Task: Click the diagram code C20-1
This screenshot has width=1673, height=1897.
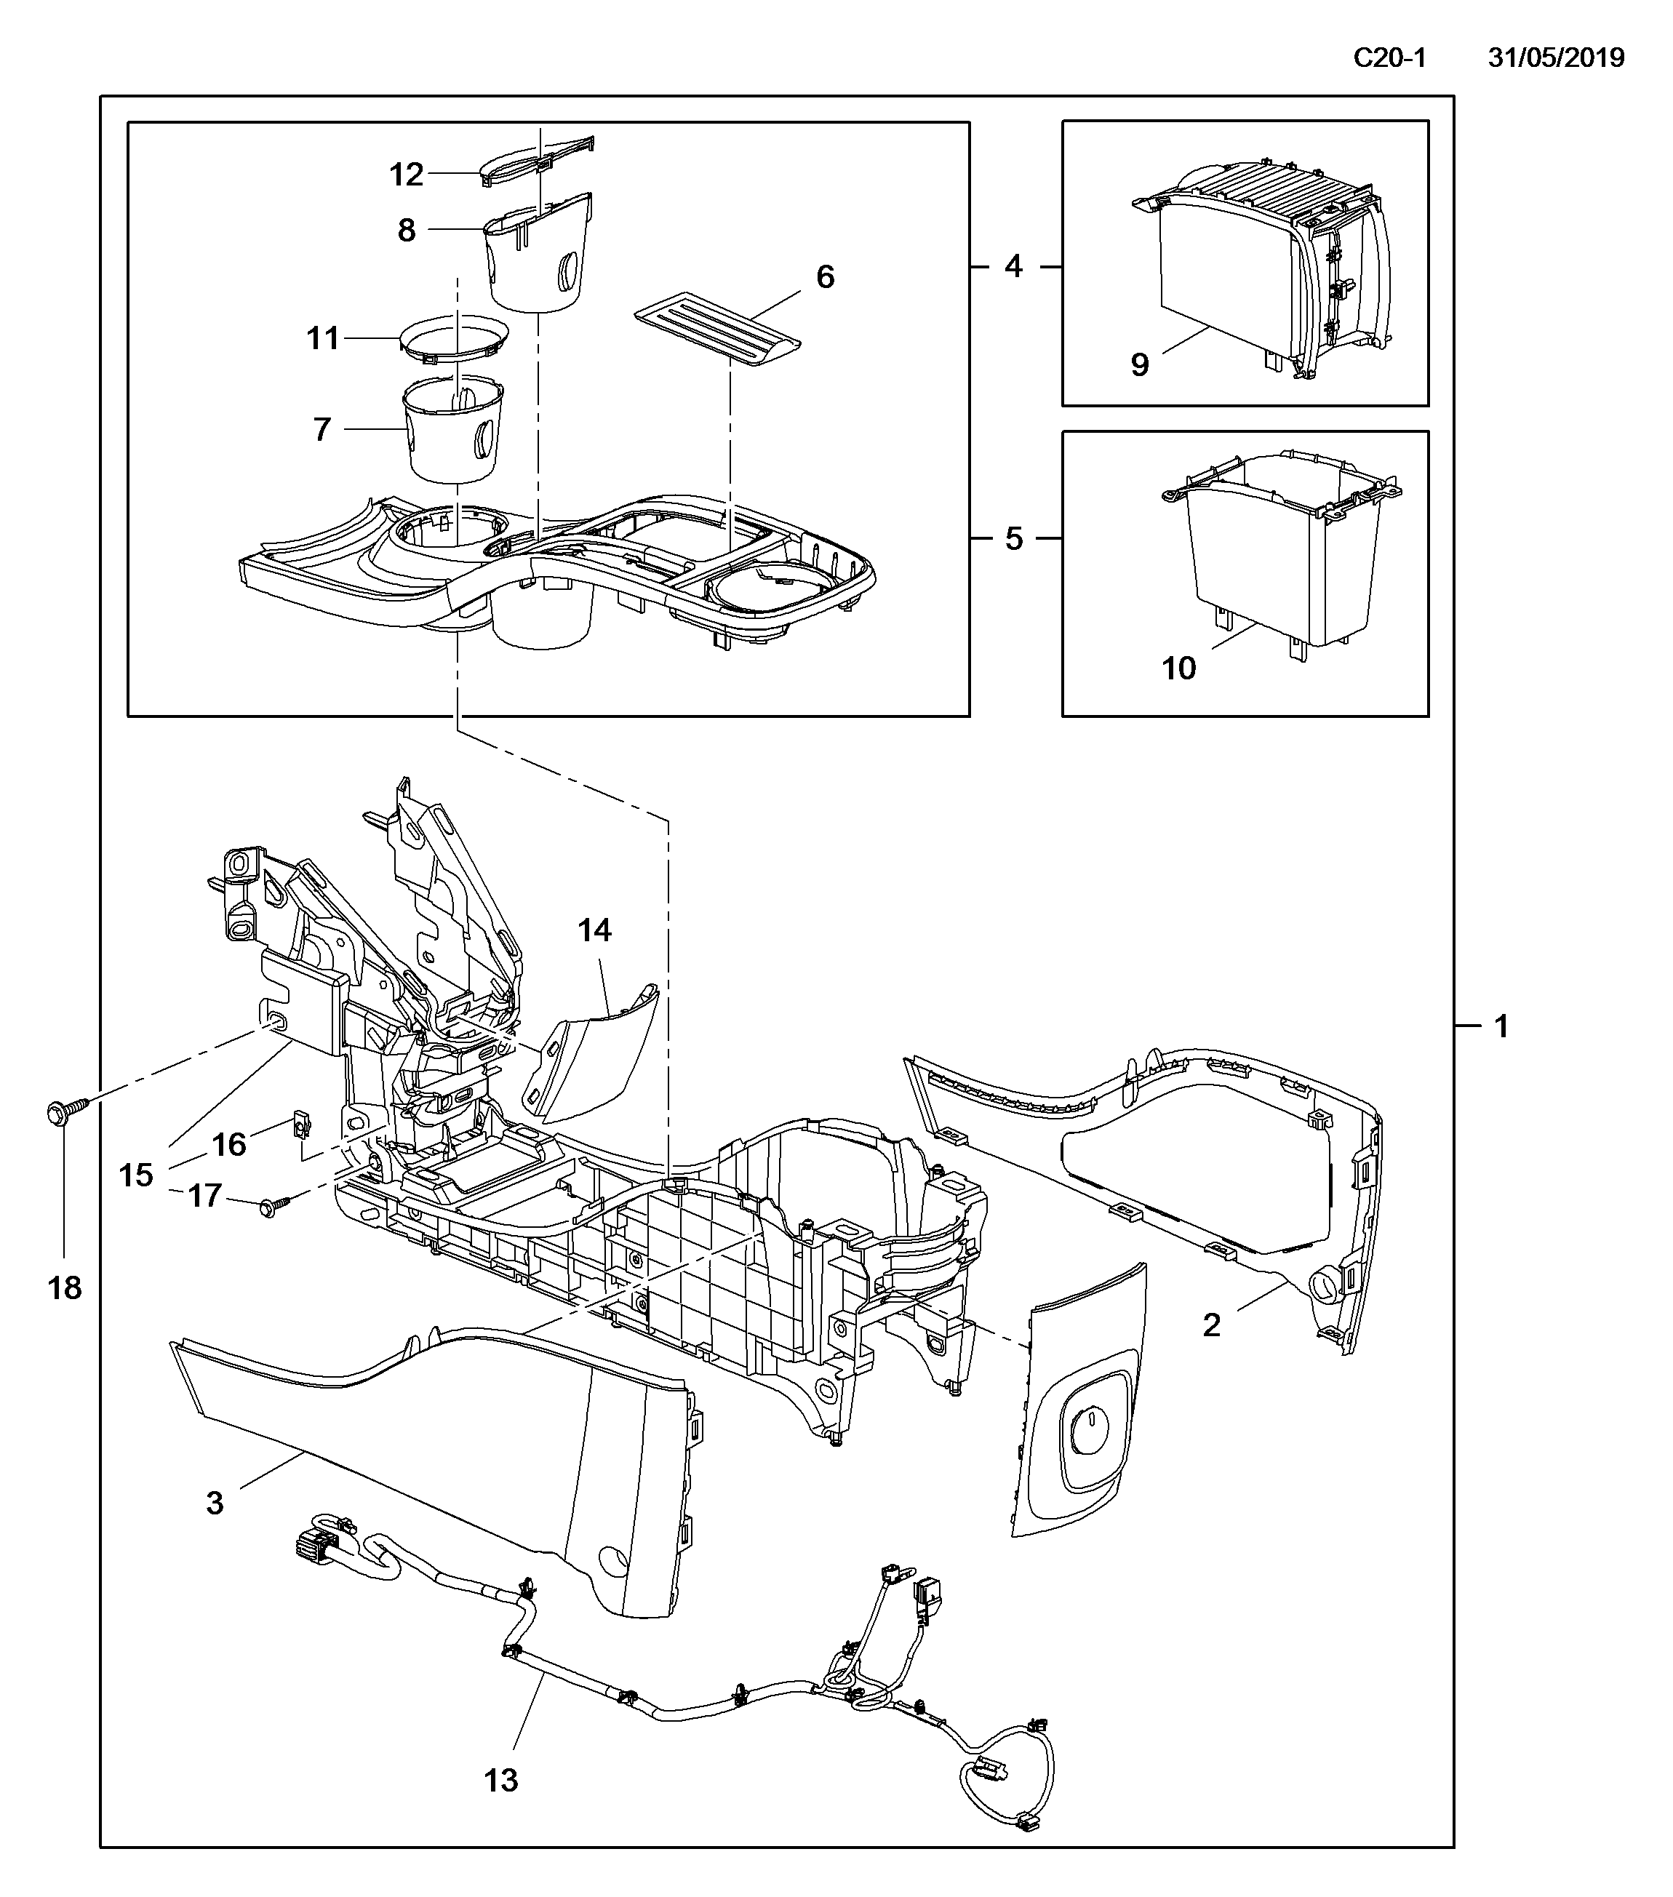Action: [x=1389, y=57]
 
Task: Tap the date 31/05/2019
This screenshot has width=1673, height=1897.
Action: [x=1556, y=57]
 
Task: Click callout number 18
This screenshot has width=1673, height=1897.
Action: [x=65, y=1287]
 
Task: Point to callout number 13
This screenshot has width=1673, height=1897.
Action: [x=501, y=1780]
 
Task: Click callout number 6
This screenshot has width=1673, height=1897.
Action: [x=825, y=276]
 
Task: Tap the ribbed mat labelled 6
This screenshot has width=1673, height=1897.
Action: [x=716, y=329]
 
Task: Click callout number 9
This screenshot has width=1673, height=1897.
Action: [x=1140, y=364]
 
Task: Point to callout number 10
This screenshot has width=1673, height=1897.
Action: [x=1179, y=668]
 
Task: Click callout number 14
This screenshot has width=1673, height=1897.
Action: [x=595, y=930]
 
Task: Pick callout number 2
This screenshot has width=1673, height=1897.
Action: [x=1211, y=1325]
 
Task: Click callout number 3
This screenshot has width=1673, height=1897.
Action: [x=215, y=1503]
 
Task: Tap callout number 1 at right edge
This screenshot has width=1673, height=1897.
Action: [x=1501, y=1026]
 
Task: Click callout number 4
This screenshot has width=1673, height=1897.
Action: [x=1013, y=266]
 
